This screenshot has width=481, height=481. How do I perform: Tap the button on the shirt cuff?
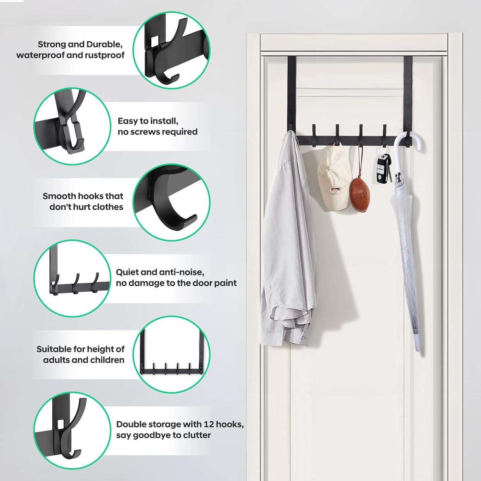[x=304, y=338]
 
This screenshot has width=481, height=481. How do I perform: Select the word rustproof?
[x=105, y=55]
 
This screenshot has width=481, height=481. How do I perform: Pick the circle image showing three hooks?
[x=72, y=278]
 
